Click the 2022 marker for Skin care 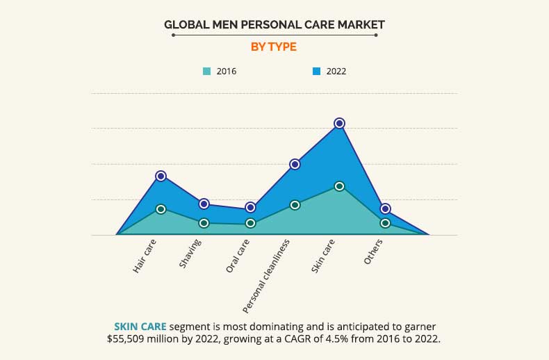339,123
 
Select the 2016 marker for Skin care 339,186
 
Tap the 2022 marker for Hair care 161,176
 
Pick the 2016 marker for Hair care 161,208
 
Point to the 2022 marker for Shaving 204,204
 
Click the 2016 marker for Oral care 250,223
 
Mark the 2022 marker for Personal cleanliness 295,164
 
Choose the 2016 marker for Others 384,223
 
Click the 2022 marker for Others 384,208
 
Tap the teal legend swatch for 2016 207,71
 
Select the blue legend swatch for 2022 316,71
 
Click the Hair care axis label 145,256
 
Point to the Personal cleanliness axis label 266,275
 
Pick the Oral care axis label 238,256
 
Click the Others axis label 373,252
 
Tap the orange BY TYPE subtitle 274,47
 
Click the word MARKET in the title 359,24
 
